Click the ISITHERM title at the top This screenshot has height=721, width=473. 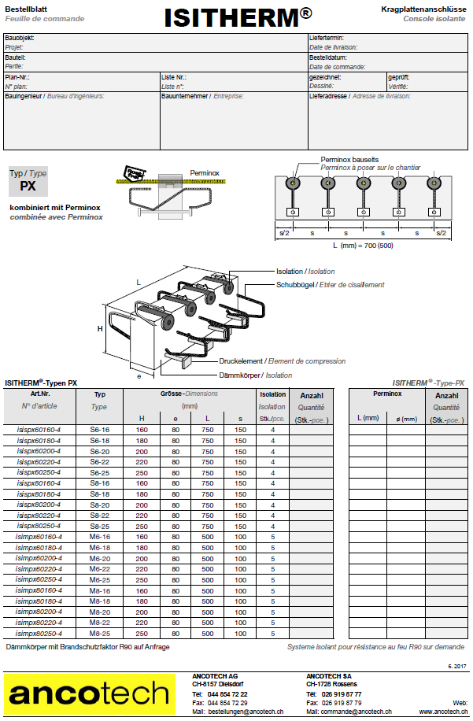click(x=237, y=17)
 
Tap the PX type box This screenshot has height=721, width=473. click(x=28, y=187)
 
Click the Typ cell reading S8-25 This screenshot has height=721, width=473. click(x=99, y=525)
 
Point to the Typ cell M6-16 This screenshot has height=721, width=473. click(x=99, y=536)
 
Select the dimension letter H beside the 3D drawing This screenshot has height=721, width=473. click(x=100, y=329)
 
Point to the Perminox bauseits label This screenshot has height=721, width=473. click(x=350, y=160)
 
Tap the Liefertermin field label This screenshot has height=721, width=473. click(x=327, y=38)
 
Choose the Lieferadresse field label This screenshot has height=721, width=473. click(x=328, y=96)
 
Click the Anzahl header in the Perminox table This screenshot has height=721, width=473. click(x=446, y=396)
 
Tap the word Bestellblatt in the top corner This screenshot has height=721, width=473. click(x=26, y=6)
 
